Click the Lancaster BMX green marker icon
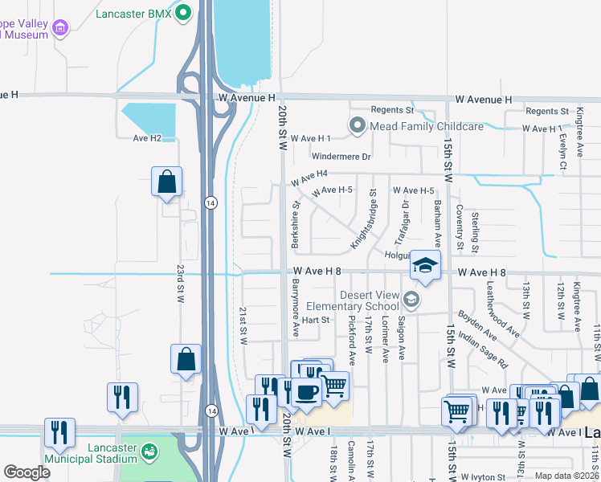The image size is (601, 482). (184, 13)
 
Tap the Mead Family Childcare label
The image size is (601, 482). (426, 126)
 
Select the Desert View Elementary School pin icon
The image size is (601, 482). (411, 300)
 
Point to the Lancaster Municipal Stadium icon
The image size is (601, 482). (149, 453)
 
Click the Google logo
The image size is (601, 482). (27, 472)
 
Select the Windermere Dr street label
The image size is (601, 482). (341, 157)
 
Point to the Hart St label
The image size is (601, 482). (316, 320)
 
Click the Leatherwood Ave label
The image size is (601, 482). (503, 316)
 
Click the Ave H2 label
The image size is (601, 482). (147, 138)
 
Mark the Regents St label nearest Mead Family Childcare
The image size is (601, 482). (392, 110)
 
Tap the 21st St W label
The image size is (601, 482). (242, 324)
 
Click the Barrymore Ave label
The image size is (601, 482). (295, 305)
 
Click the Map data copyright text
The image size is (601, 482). (566, 476)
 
